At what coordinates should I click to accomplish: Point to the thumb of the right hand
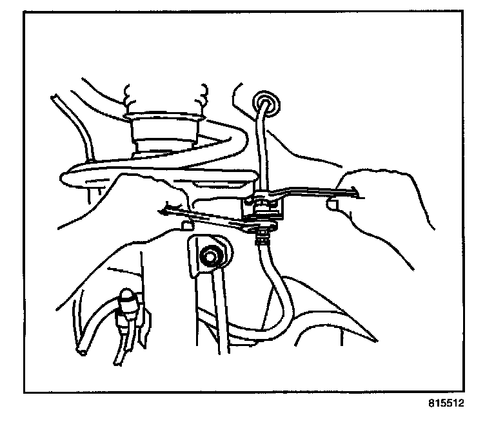333,206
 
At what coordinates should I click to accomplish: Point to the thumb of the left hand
186,226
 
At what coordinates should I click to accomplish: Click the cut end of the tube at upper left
56,99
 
